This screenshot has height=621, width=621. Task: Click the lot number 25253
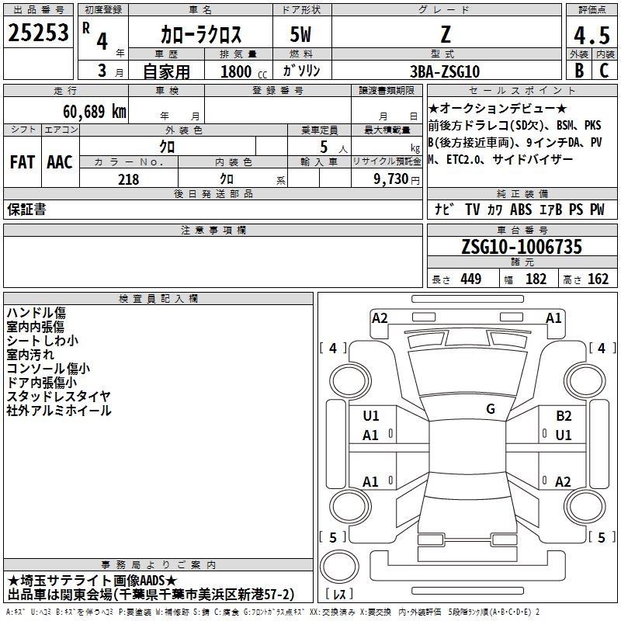click(38, 33)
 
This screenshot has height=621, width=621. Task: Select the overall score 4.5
click(592, 35)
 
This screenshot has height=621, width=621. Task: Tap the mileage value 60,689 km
click(95, 112)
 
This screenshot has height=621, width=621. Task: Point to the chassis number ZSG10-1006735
click(522, 246)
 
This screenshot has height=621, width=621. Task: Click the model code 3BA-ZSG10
click(445, 71)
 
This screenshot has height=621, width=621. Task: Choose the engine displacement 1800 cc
click(244, 71)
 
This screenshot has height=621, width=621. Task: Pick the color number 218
click(128, 179)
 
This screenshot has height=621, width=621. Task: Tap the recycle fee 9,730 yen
click(397, 179)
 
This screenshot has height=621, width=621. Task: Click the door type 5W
click(300, 34)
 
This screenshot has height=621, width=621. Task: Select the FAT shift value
click(22, 162)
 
